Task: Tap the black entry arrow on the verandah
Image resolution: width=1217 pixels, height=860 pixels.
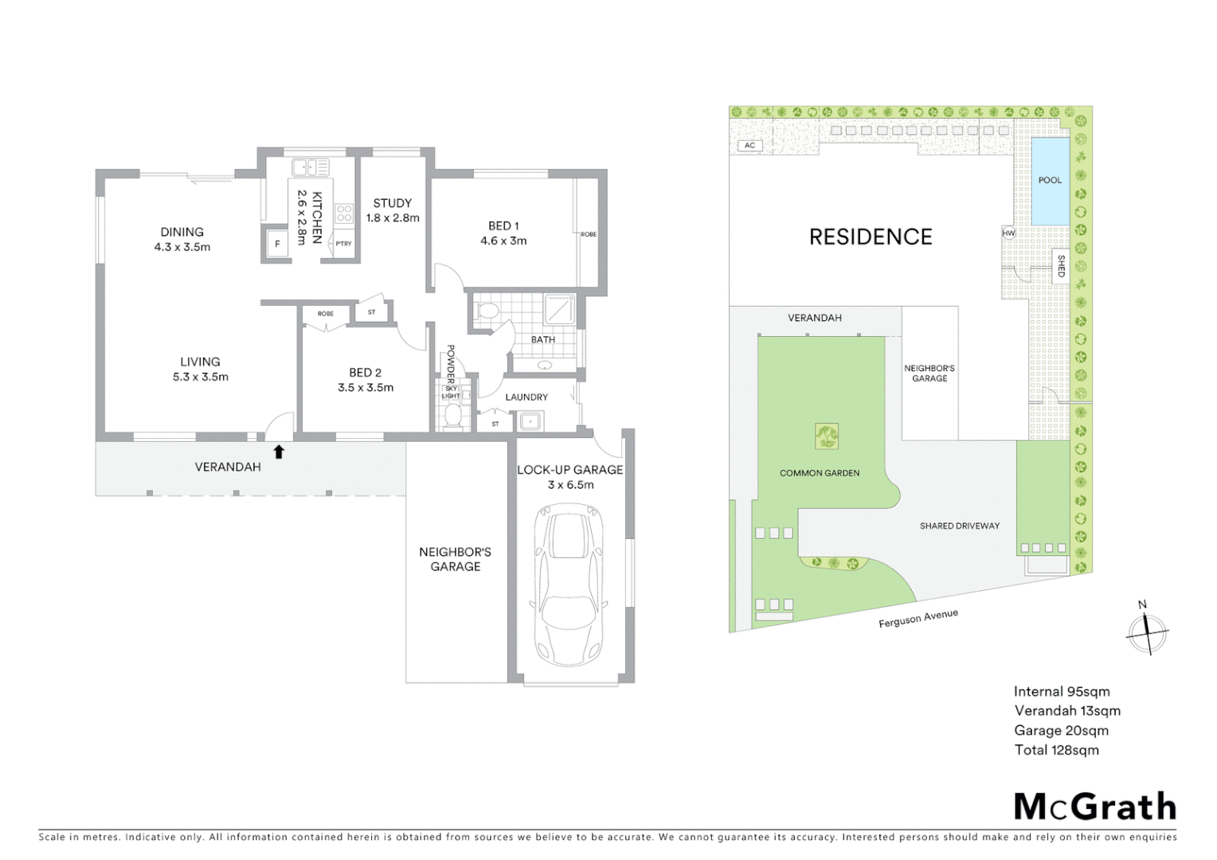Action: coord(278,452)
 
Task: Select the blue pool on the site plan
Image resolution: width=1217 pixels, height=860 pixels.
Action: coord(1050,182)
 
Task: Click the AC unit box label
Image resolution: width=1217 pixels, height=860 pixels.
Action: coord(749,146)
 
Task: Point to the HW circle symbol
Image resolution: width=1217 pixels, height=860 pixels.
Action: coord(1009,233)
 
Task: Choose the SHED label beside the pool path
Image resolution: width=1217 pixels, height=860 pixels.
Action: coord(1061,266)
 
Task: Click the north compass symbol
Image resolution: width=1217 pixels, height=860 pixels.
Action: coord(1147,633)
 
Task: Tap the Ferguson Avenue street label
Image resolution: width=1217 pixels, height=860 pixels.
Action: coord(918,619)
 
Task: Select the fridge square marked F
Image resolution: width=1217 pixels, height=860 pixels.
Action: coord(277,244)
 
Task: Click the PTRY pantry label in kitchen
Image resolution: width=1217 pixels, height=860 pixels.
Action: coord(343,244)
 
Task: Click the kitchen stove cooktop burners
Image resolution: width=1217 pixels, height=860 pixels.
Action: coord(344,213)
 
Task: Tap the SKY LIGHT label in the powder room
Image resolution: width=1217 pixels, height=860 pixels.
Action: coord(451,392)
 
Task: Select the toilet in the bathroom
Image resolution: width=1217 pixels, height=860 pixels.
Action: coord(486,311)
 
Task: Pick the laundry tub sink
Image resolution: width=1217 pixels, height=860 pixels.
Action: coord(529,421)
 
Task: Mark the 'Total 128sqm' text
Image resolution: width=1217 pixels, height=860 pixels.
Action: coord(1056,749)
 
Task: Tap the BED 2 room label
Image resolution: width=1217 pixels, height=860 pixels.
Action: coord(365,380)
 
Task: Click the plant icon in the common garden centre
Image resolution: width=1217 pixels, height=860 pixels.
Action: coord(826,436)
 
